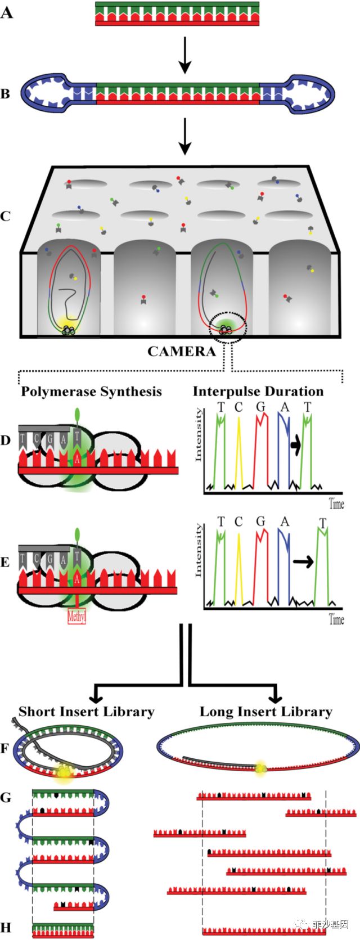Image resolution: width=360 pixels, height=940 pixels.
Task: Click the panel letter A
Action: click(7, 12)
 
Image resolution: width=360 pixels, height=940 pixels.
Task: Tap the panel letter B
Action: click(6, 93)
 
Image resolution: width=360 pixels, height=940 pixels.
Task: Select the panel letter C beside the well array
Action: click(6, 216)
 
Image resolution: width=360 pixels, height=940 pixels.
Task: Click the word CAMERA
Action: click(181, 352)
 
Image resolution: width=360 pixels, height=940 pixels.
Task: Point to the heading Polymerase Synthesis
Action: click(91, 392)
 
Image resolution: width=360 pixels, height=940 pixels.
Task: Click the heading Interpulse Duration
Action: click(258, 392)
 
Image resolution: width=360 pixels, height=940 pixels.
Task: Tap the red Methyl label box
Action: click(76, 617)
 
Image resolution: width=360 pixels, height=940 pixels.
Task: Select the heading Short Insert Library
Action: click(86, 712)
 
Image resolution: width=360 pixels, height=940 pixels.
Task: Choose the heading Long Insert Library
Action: click(265, 712)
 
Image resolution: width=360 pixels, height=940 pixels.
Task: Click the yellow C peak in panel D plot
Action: click(238, 450)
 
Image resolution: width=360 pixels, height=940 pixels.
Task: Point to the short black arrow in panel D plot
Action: click(296, 445)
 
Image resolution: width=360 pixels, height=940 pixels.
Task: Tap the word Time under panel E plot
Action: click(336, 619)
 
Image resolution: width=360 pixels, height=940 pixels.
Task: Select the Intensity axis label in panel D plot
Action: click(198, 436)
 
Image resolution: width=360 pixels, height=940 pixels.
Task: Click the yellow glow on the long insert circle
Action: click(260, 768)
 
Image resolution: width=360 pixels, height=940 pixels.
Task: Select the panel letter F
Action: click(6, 749)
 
